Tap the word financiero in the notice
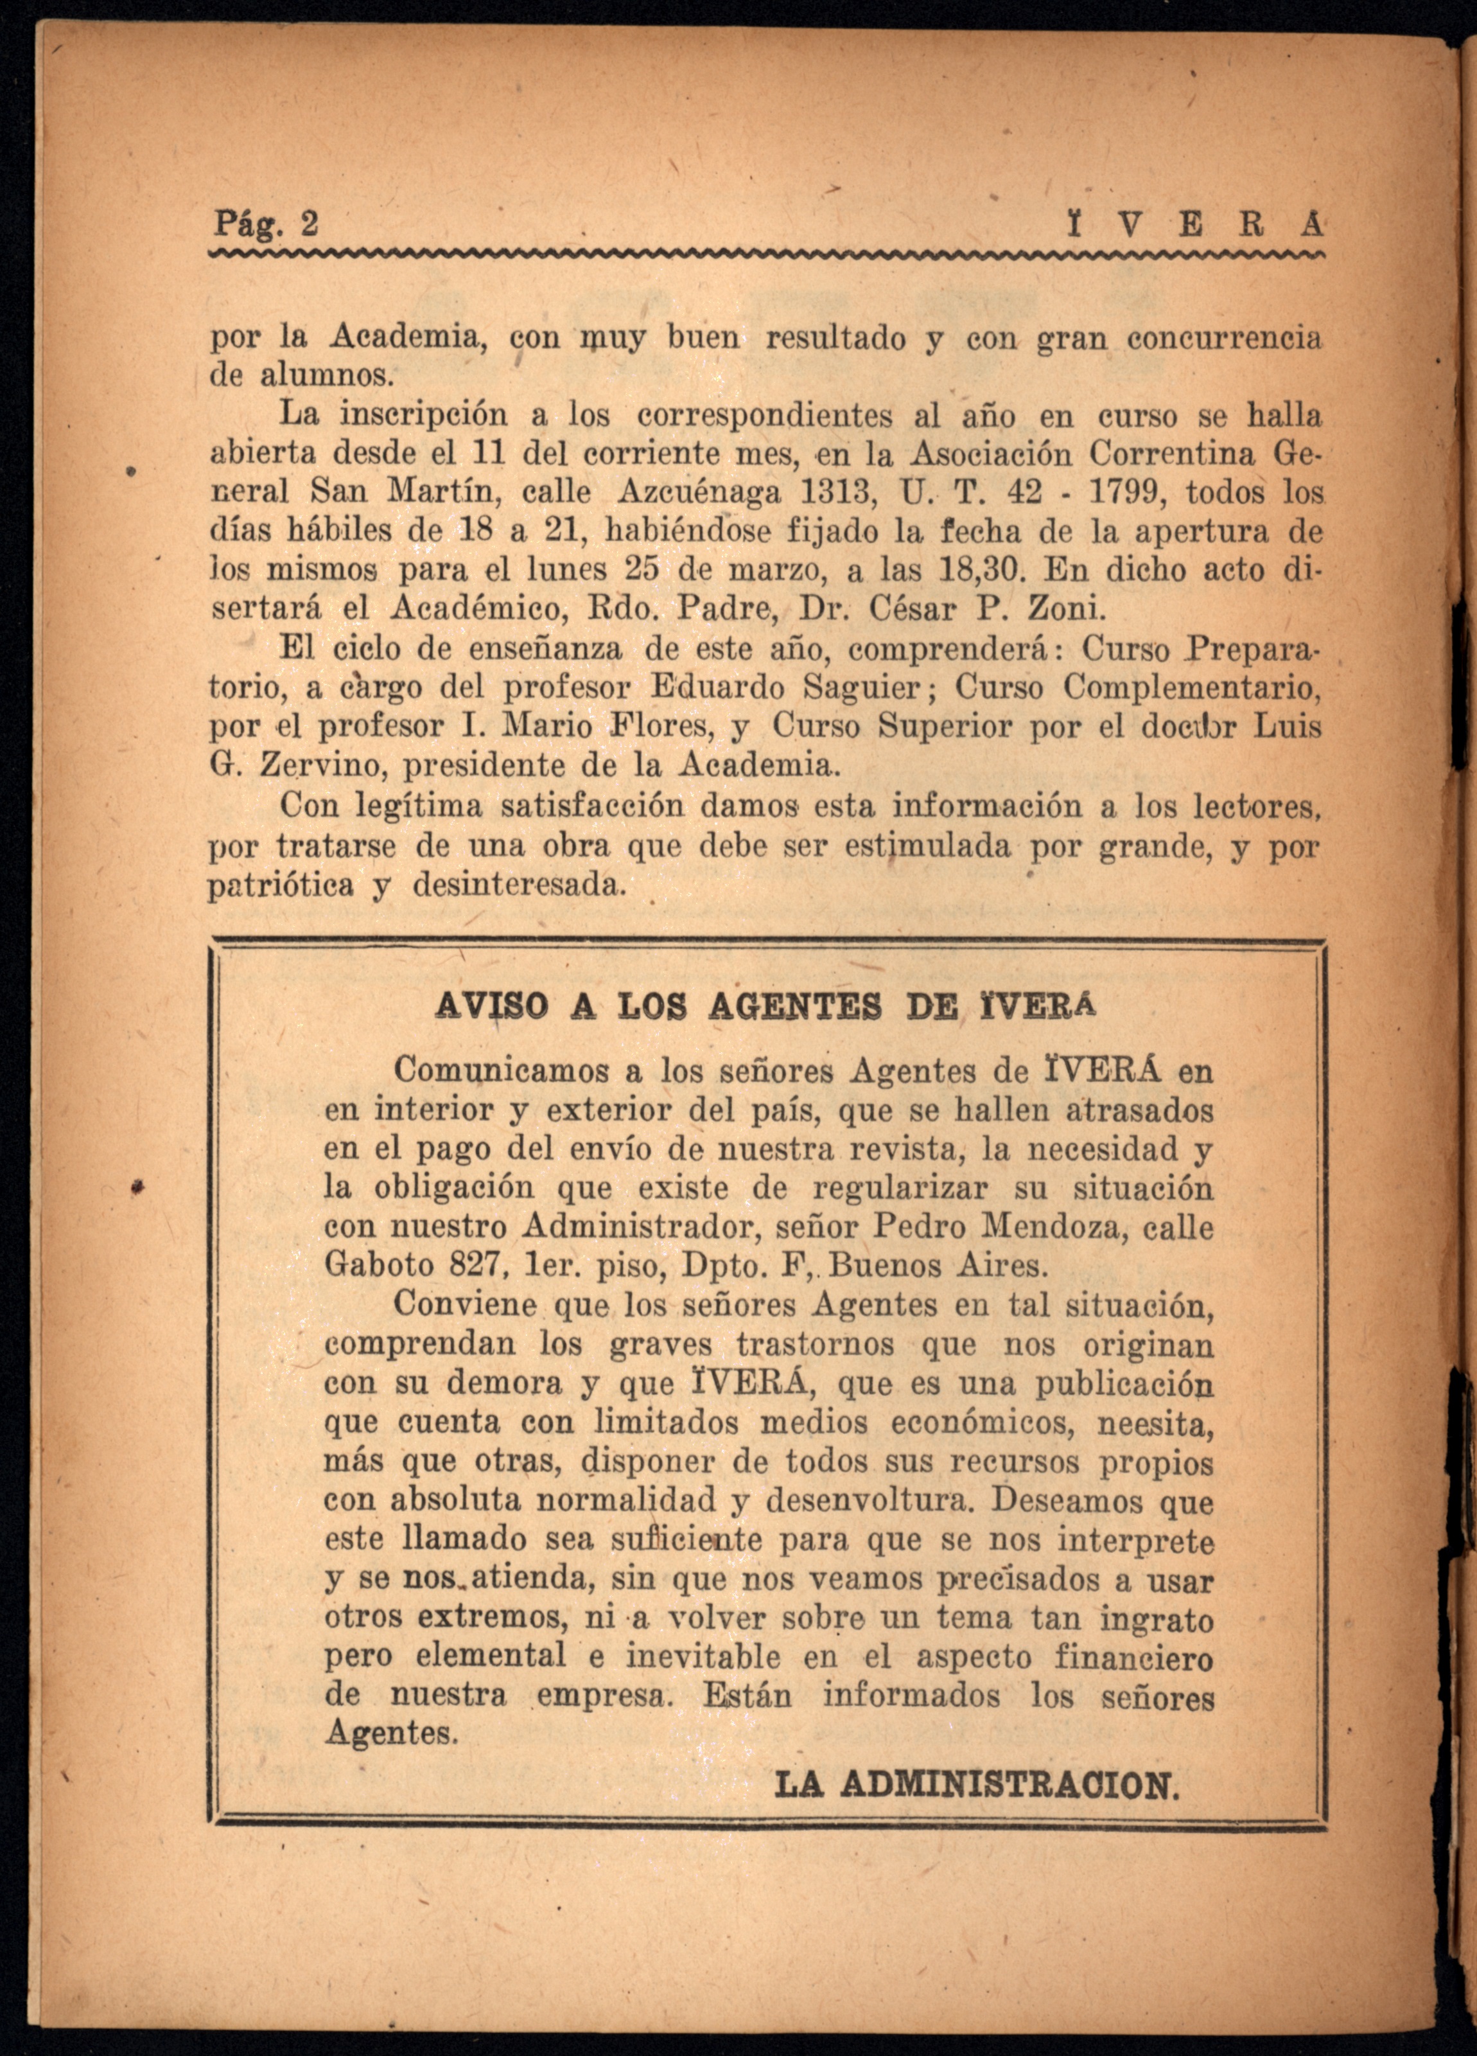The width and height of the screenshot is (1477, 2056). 1133,1658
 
